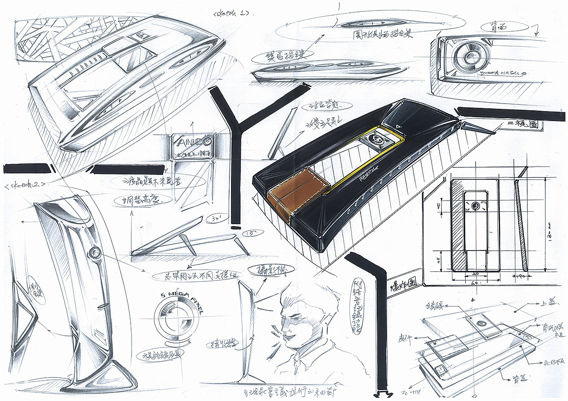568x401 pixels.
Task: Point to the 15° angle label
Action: [247, 233]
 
